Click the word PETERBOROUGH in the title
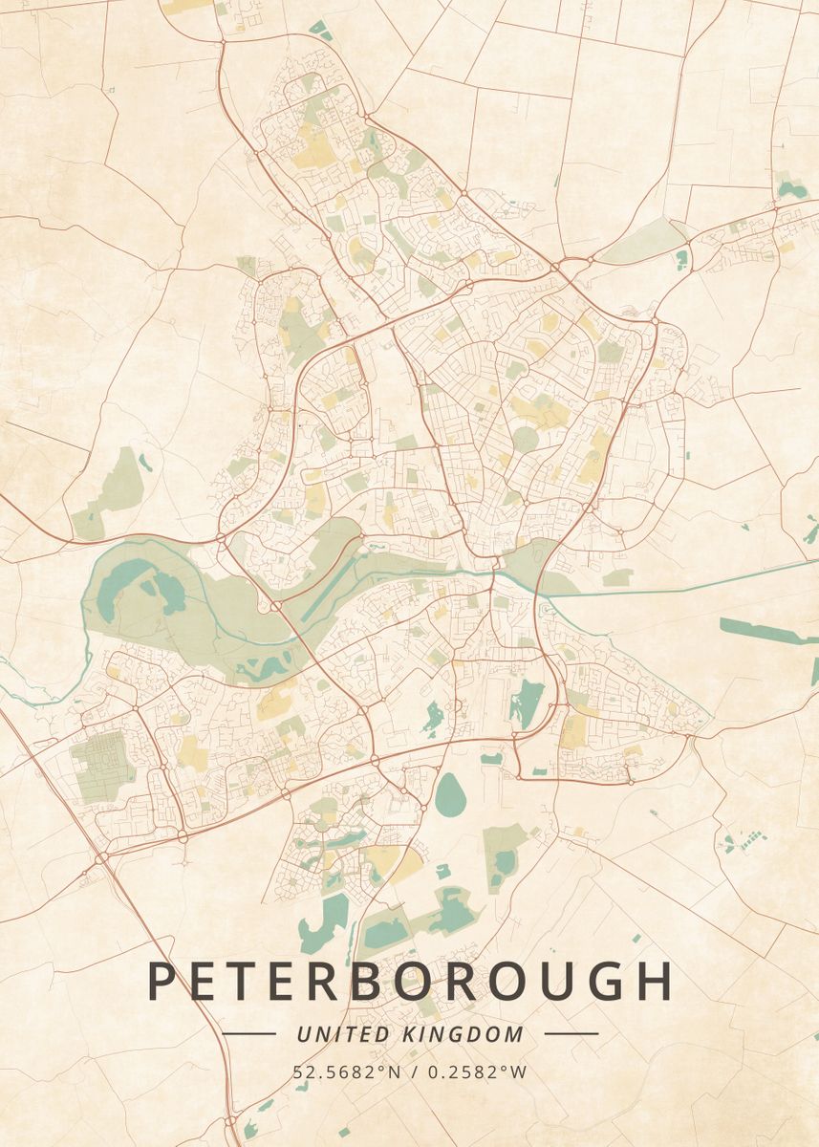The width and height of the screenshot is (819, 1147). [x=409, y=982]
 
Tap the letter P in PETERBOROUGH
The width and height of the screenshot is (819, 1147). [x=163, y=982]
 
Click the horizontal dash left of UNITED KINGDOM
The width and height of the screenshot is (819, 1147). [x=248, y=1033]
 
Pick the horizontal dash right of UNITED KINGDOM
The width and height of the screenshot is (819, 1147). [x=571, y=1033]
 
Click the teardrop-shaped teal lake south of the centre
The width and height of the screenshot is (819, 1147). [x=450, y=794]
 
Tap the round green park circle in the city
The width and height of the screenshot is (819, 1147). [x=526, y=440]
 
